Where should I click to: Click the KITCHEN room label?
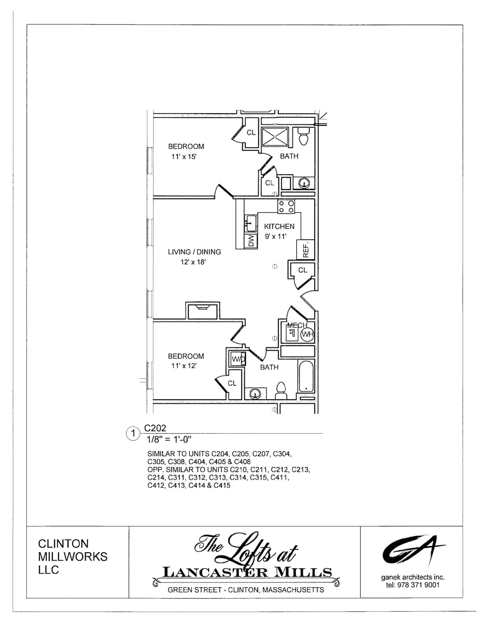tap(279, 227)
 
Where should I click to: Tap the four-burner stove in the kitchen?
tap(286, 207)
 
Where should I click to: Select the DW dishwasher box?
tap(250, 241)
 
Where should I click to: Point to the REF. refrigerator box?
tap(305, 250)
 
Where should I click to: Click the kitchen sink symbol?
tap(250, 223)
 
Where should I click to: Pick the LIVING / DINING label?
tap(194, 252)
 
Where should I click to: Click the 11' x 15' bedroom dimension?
tap(184, 157)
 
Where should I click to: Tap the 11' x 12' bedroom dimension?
tap(184, 366)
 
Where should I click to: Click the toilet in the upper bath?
tap(303, 136)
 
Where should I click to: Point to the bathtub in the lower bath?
tap(306, 376)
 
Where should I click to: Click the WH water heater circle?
tap(307, 334)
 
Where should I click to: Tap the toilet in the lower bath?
tap(282, 390)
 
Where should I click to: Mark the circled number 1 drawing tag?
tap(133, 433)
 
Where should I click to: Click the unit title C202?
tap(155, 428)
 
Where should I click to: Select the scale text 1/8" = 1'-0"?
tap(169, 439)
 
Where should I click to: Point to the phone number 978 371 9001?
tap(418, 585)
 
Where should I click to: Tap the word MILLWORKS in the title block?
tap(73, 557)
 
